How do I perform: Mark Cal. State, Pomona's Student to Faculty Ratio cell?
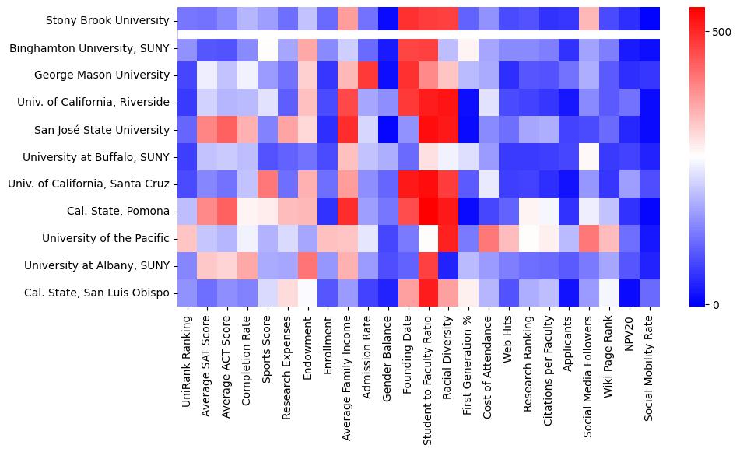pyautogui.click(x=429, y=212)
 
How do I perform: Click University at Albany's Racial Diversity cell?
pyautogui.click(x=449, y=266)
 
